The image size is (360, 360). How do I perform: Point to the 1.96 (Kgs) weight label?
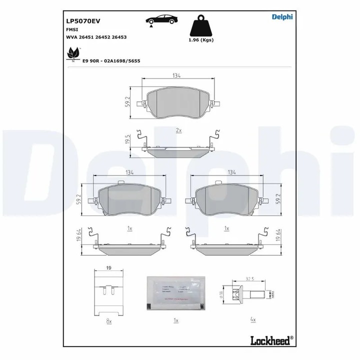click(x=201, y=40)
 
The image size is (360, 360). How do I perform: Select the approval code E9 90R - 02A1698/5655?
click(x=111, y=61)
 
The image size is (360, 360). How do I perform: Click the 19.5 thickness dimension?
click(x=128, y=140)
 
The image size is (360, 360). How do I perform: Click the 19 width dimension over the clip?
click(x=109, y=268)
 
